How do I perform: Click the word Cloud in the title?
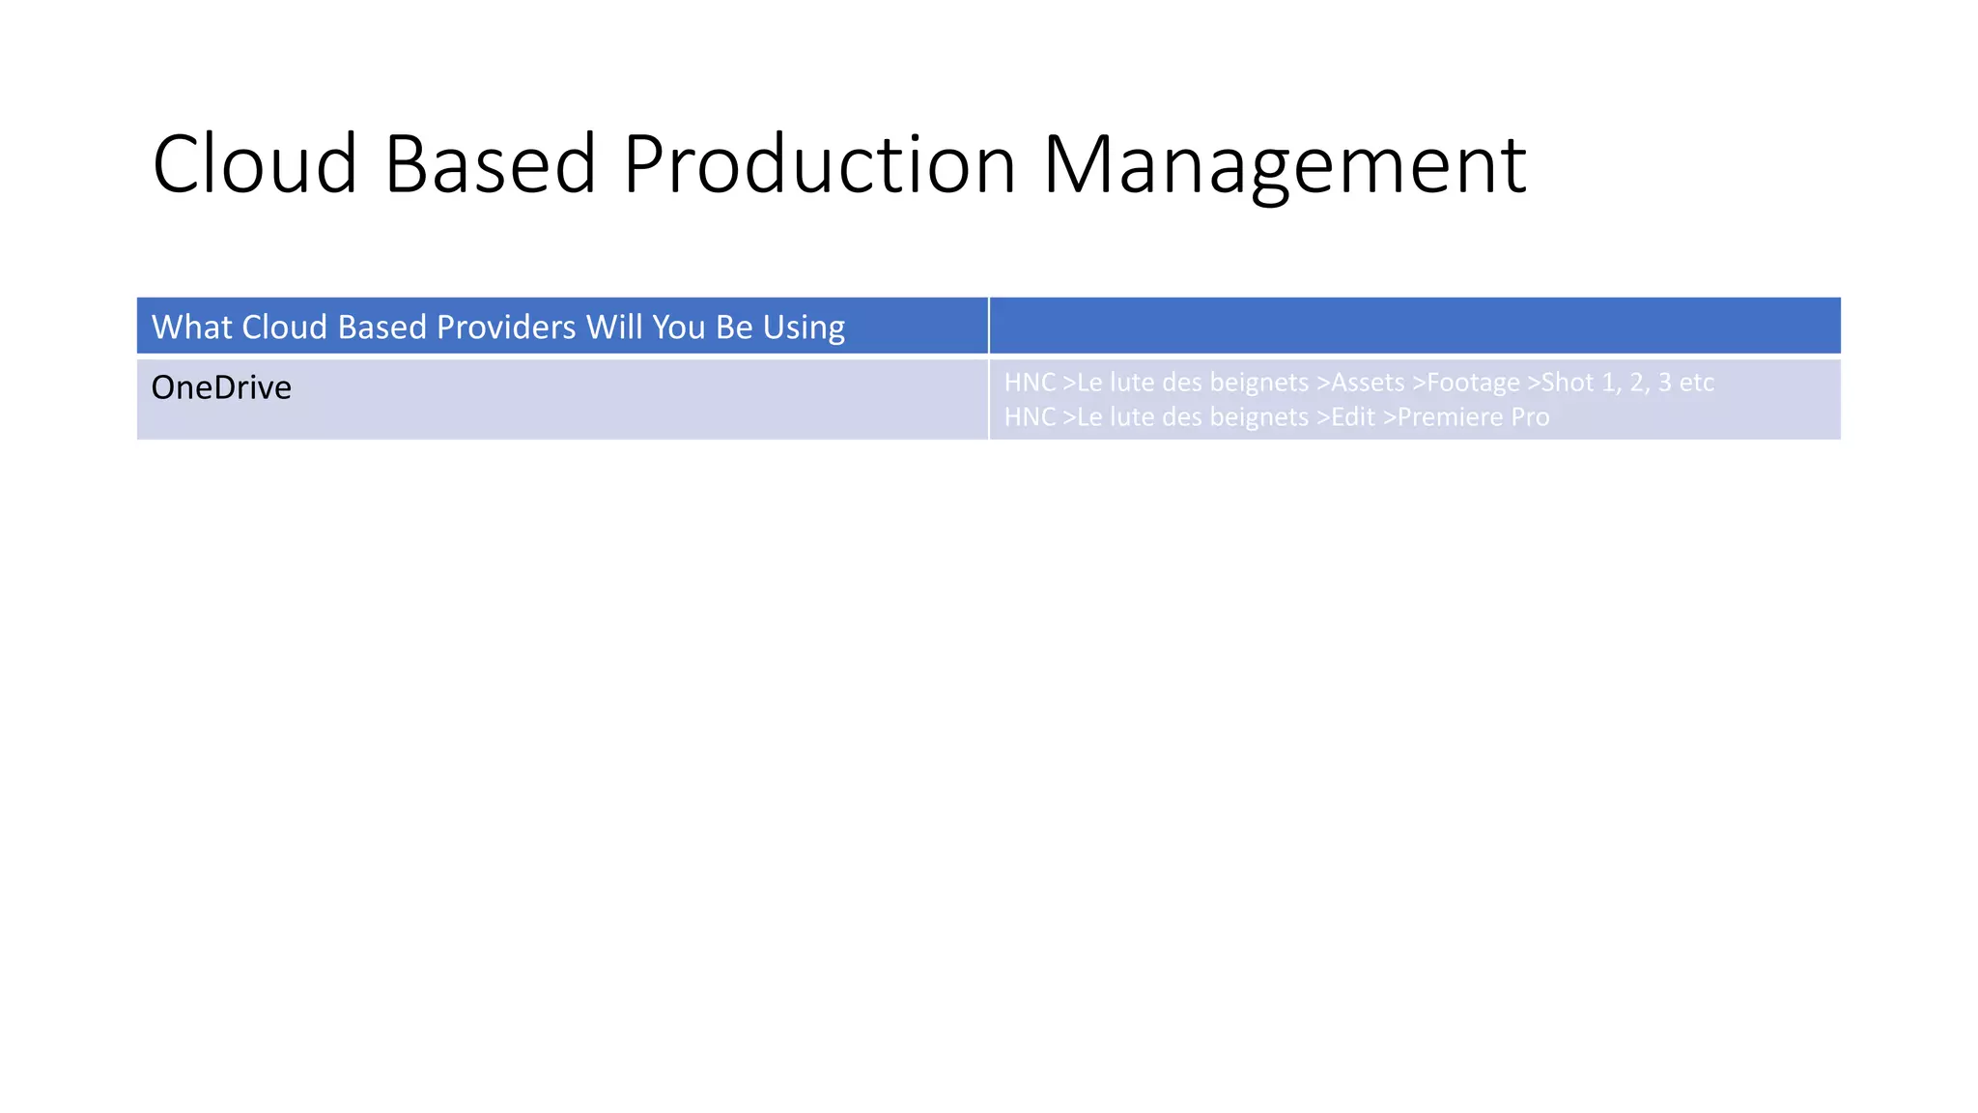pyautogui.click(x=255, y=164)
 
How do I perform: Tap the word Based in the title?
pyautogui.click(x=490, y=164)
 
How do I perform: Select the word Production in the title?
pyautogui.click(x=819, y=164)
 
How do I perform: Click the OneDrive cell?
pyautogui.click(x=221, y=387)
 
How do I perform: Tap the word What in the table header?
pyautogui.click(x=191, y=328)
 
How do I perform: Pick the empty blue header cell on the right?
pyautogui.click(x=1414, y=327)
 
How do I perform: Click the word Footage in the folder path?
pyautogui.click(x=1473, y=383)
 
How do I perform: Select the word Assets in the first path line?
pyautogui.click(x=1368, y=383)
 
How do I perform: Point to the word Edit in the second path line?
pyautogui.click(x=1353, y=417)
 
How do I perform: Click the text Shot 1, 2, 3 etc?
pyautogui.click(x=1627, y=383)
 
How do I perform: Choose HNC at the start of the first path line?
pyautogui.click(x=1030, y=383)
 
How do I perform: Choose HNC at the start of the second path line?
pyautogui.click(x=1030, y=417)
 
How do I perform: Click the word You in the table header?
pyautogui.click(x=679, y=328)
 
